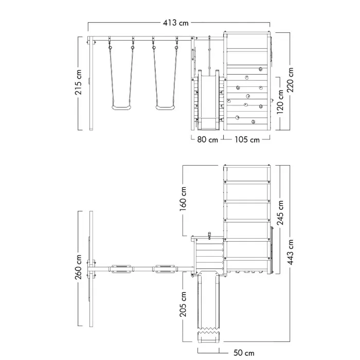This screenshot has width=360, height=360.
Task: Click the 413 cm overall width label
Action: (x=176, y=23)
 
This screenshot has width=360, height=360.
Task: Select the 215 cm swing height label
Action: (x=78, y=82)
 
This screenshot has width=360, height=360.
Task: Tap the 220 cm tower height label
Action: (x=290, y=80)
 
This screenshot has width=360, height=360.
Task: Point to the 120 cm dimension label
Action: (x=280, y=102)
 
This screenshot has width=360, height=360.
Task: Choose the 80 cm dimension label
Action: (x=208, y=139)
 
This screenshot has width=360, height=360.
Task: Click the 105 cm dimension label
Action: (x=247, y=139)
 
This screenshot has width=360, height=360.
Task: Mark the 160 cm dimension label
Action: (x=183, y=199)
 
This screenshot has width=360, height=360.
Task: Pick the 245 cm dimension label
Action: (x=280, y=212)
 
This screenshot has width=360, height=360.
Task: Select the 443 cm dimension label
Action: (x=290, y=252)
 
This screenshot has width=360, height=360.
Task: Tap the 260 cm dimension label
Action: (x=78, y=267)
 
